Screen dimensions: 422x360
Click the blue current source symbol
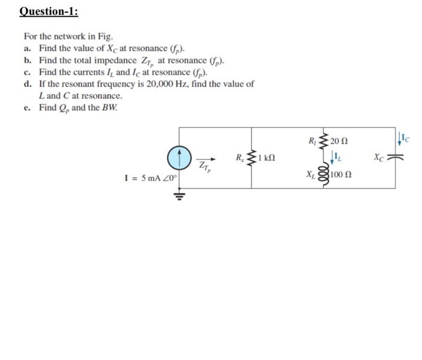click(180, 157)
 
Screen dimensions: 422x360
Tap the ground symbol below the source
click(180, 194)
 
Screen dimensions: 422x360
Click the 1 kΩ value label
click(266, 159)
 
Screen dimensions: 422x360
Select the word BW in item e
click(109, 107)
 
